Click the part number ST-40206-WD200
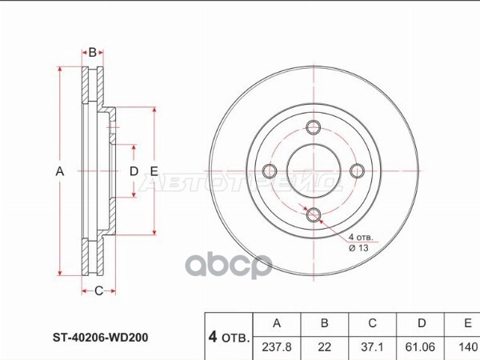coord(101,338)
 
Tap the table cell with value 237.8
coord(277,347)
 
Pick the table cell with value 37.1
coord(372,347)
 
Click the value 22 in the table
coord(325,347)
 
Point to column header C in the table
coord(372,323)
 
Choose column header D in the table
coord(422,323)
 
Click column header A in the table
coord(277,323)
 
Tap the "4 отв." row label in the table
coord(229,337)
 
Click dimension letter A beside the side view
coord(60,171)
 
